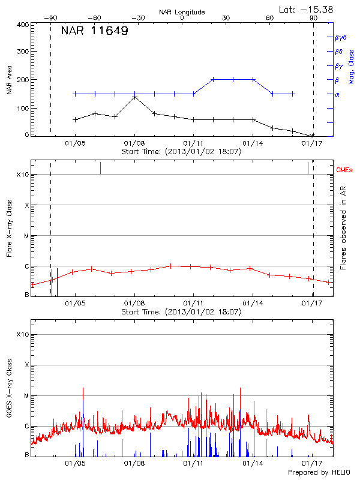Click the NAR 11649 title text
pos(95,31)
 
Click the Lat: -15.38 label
pos(306,8)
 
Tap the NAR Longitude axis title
pos(182,11)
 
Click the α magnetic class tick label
pos(337,94)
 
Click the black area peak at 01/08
pos(134,97)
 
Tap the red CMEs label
pos(345,170)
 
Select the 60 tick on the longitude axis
pos(270,18)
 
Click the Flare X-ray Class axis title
pos(9,229)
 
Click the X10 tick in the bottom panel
pos(23,334)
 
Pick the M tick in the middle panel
pos(26,236)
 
